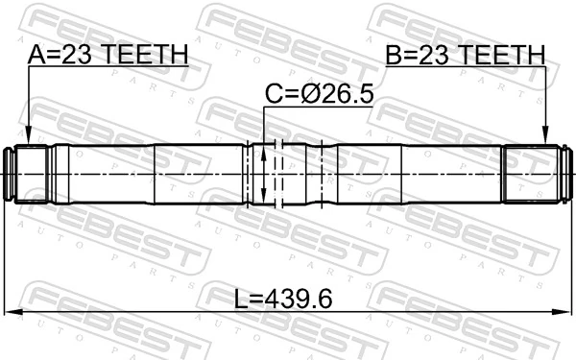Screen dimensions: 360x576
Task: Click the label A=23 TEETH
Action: (108, 56)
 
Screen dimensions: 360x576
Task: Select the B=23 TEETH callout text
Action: (465, 56)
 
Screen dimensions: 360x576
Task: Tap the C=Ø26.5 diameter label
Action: (318, 94)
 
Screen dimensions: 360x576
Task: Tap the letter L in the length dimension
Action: (241, 299)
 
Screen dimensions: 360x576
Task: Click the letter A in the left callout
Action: (36, 56)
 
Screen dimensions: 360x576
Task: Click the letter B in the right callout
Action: (394, 56)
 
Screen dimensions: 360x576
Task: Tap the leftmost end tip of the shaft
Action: (11, 174)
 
